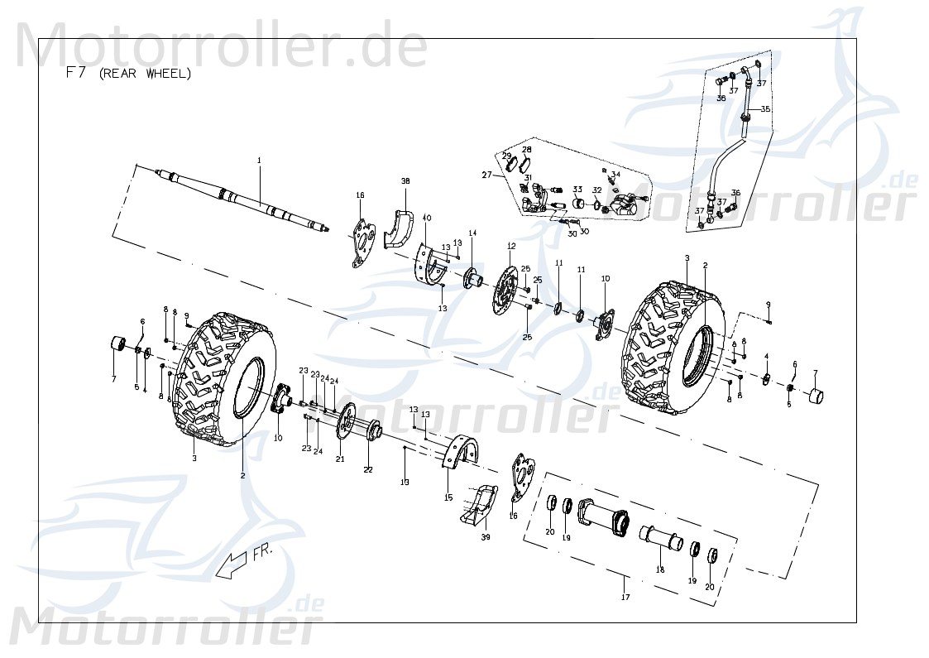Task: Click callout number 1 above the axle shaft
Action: click(258, 160)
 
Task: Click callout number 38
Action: click(405, 181)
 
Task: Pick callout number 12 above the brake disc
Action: click(511, 246)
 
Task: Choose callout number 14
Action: click(472, 234)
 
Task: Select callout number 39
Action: click(486, 537)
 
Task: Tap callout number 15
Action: click(448, 497)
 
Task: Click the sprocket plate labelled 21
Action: click(346, 422)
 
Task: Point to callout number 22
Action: click(368, 469)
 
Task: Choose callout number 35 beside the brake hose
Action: click(765, 109)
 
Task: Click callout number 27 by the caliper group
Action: click(487, 175)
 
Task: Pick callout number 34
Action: click(615, 175)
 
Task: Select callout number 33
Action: click(577, 190)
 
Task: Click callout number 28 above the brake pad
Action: click(526, 150)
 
